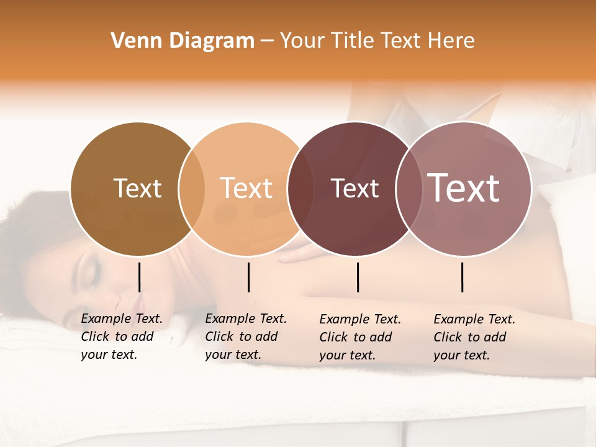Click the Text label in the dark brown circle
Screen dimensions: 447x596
click(x=137, y=188)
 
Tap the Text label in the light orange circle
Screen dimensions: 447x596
click(x=246, y=188)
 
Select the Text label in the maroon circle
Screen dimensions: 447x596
click(x=354, y=188)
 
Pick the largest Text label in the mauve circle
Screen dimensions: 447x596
click(x=464, y=188)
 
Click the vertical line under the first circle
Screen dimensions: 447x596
click(x=139, y=277)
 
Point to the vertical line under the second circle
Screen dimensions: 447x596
click(x=248, y=277)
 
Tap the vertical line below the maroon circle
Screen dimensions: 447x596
click(x=358, y=277)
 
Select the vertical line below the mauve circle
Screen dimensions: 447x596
click(x=462, y=277)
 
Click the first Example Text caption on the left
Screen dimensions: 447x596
click(x=121, y=336)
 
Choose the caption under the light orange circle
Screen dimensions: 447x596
click(x=245, y=336)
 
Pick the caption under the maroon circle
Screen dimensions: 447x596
click(x=360, y=337)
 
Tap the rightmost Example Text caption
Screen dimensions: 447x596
click(x=474, y=337)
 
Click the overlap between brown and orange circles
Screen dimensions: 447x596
click(x=192, y=188)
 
